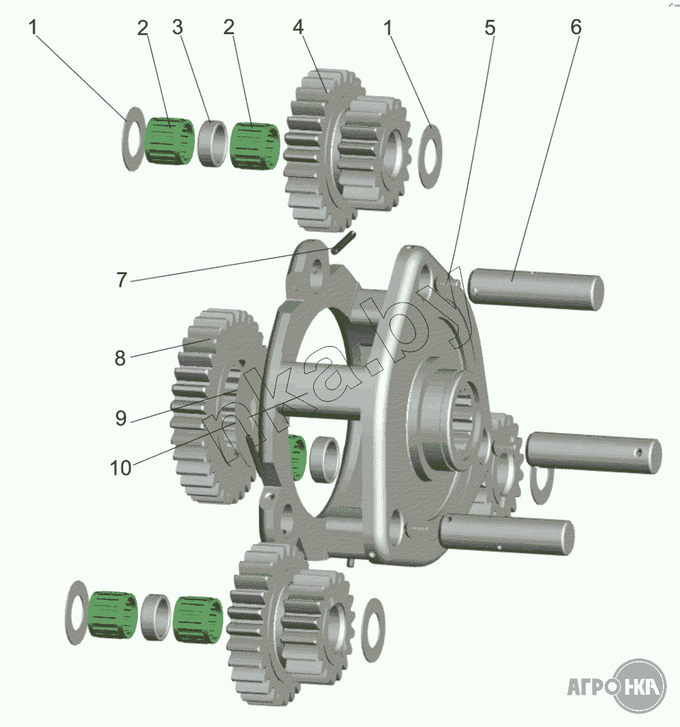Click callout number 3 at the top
(177, 28)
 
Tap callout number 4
(298, 28)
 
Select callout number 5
(490, 28)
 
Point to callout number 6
(576, 28)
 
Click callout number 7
(121, 279)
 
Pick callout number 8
(120, 358)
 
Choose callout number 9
(121, 418)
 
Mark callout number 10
(121, 468)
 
